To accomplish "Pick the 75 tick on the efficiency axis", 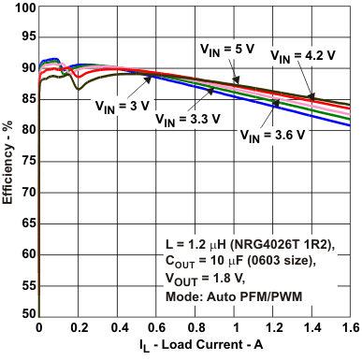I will click(x=26, y=161).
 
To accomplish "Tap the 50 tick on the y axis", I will click(x=26, y=313).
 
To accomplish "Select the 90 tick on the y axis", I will click(x=26, y=69).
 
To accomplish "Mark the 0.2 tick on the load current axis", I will click(x=78, y=328).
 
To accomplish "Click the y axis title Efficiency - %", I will click(x=8, y=160).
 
